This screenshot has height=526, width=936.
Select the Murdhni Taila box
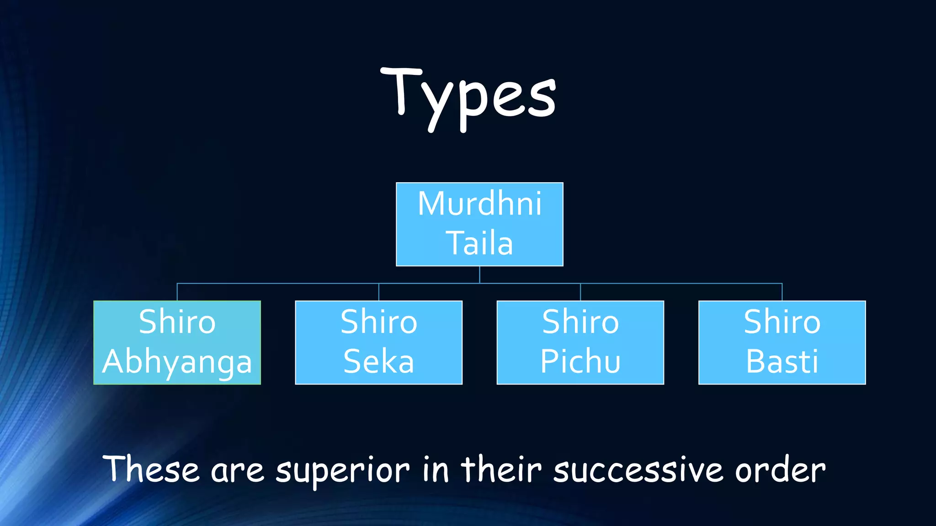479,224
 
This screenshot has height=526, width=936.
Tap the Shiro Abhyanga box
177,342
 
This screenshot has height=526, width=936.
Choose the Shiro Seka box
378,342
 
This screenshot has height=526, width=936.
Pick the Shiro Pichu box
580,342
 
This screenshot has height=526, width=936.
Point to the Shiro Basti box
782,342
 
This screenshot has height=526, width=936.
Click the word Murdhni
479,204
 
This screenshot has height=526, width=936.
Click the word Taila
479,243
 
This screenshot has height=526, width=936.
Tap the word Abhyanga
177,362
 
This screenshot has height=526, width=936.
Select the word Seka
378,362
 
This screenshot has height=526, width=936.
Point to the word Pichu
580,362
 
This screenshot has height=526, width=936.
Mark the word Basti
782,362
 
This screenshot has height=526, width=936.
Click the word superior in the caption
342,470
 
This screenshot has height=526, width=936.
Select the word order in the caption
780,470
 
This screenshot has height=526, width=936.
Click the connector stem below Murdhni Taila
479,274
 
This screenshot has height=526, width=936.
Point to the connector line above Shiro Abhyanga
177,292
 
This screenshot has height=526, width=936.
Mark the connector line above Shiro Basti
782,292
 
